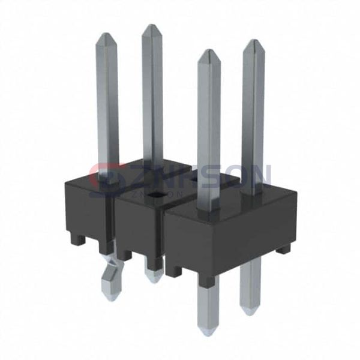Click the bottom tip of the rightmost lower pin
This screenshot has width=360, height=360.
[x=251, y=311]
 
